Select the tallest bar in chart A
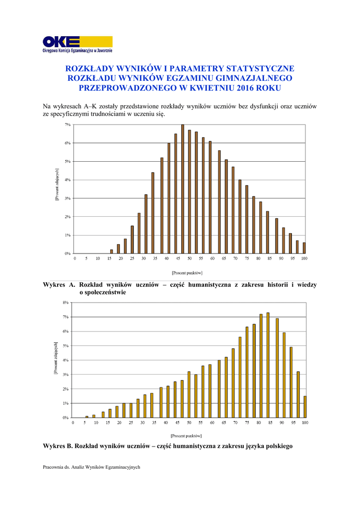183,189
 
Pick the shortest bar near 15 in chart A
111,251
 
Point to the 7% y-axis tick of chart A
68,125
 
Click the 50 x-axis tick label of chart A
189,258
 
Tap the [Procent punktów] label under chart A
187,272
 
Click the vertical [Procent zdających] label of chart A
57,184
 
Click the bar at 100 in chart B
304,406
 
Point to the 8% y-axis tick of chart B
66,302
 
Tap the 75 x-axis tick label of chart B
247,423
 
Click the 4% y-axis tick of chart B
66,360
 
